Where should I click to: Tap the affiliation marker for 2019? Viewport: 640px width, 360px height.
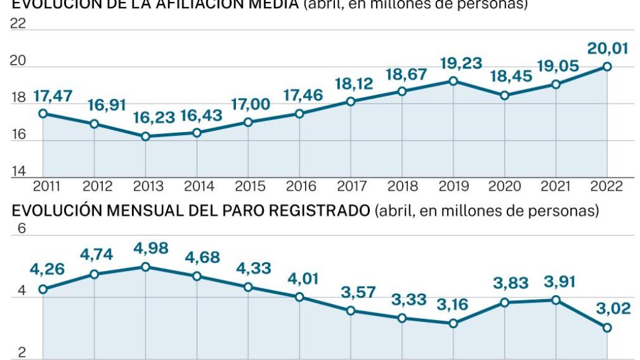453,81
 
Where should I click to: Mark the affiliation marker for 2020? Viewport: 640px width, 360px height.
505,95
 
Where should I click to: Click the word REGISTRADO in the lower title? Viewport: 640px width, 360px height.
321,211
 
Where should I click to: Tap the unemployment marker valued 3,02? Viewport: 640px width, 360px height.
607,328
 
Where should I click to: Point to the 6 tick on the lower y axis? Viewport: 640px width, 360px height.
21,229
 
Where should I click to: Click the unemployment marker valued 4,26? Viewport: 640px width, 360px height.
43,289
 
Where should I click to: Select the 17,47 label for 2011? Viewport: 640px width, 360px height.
53,96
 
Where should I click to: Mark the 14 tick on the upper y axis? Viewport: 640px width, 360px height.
19,171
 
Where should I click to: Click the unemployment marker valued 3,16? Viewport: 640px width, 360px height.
453,323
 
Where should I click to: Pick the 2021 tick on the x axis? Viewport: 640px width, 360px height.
556,186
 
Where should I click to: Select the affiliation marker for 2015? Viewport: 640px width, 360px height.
248,122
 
